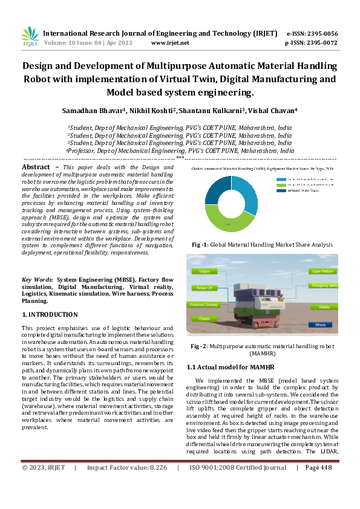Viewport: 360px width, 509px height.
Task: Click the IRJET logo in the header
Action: point(30,37)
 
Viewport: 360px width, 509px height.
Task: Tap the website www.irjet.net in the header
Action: point(170,43)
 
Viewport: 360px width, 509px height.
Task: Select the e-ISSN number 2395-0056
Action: point(321,34)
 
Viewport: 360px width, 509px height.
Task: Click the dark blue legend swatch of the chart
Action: point(280,190)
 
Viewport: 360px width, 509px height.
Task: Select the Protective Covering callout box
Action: point(204,305)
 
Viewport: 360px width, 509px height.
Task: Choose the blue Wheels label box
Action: point(320,324)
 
